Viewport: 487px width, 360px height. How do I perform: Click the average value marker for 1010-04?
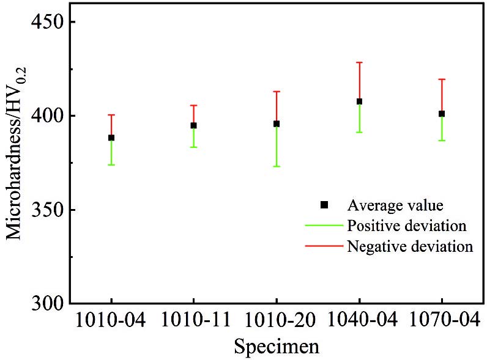click(111, 138)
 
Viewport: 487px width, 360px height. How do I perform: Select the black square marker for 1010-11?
click(193, 125)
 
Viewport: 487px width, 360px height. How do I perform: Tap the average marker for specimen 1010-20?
click(277, 123)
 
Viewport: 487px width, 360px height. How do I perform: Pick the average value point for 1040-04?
click(359, 101)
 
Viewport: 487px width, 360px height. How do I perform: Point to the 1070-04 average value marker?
click(442, 114)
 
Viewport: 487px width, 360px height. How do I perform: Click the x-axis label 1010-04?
click(111, 320)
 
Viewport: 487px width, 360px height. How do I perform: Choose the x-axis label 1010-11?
click(193, 320)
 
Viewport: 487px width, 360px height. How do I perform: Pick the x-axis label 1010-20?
click(277, 320)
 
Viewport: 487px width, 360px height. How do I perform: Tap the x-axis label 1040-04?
click(359, 320)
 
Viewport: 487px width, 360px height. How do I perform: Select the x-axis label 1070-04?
click(442, 320)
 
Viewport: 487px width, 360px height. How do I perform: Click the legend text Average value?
click(395, 204)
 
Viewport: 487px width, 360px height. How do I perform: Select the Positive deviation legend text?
click(407, 226)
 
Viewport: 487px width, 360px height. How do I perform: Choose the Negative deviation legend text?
click(410, 246)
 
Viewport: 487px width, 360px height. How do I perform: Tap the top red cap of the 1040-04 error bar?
click(359, 62)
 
